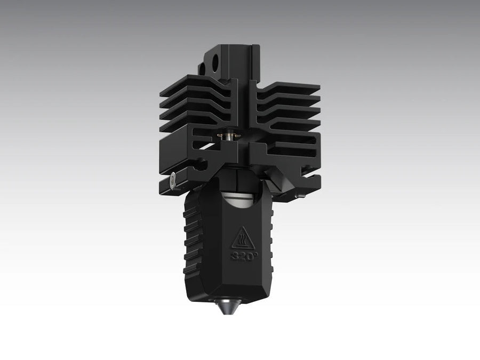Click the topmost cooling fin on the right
point(291,87)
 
